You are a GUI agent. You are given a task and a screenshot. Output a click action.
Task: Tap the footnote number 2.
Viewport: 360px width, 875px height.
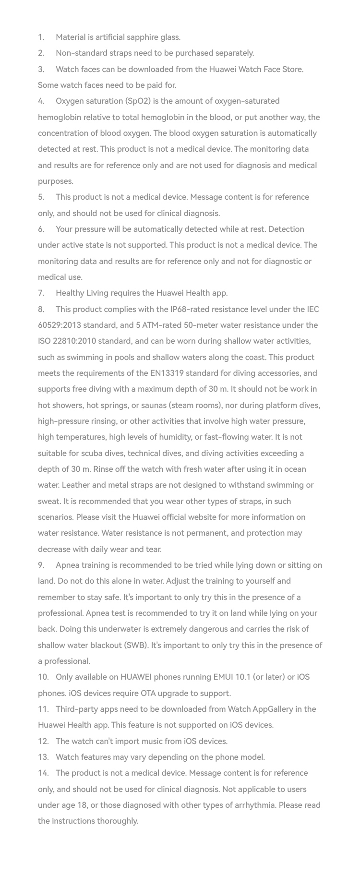41,53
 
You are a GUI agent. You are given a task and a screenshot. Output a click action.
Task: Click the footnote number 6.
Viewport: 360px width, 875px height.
41,229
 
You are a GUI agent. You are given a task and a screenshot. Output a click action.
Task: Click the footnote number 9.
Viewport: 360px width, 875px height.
41,565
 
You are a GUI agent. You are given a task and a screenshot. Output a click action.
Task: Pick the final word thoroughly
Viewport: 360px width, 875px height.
117,821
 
